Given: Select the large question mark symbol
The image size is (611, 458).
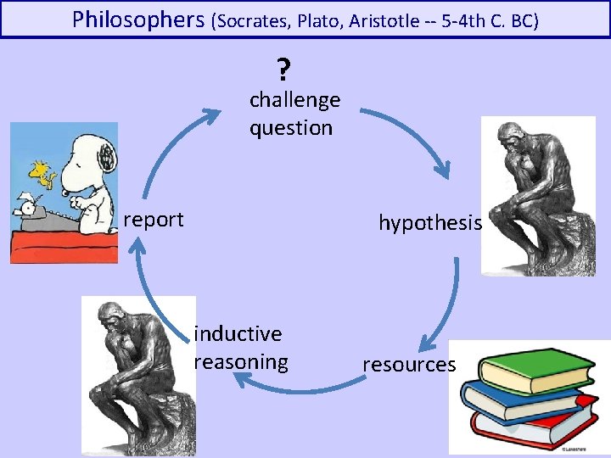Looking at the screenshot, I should tap(283, 68).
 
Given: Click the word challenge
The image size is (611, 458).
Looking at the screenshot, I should tap(294, 100).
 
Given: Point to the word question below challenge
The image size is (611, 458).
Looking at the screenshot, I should tap(290, 128).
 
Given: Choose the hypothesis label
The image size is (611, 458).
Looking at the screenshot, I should tap(429, 223).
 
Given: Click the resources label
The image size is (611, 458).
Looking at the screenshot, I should tap(409, 365).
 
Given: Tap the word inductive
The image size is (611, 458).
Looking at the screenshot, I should tap(238, 333).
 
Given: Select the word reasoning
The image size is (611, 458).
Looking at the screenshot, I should tap(241, 362).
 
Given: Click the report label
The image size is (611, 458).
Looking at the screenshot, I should tap(154, 220).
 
